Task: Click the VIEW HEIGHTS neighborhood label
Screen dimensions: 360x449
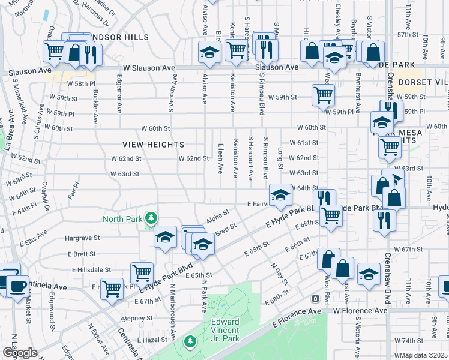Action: (x=153, y=145)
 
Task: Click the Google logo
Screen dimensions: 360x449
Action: (x=19, y=352)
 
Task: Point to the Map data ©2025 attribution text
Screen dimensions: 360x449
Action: (x=424, y=355)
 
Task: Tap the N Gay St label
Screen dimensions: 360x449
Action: (x=277, y=274)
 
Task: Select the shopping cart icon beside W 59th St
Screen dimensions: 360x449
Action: (x=323, y=95)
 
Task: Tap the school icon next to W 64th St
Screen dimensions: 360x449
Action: (x=280, y=194)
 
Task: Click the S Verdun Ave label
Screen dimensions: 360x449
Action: (x=172, y=94)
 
